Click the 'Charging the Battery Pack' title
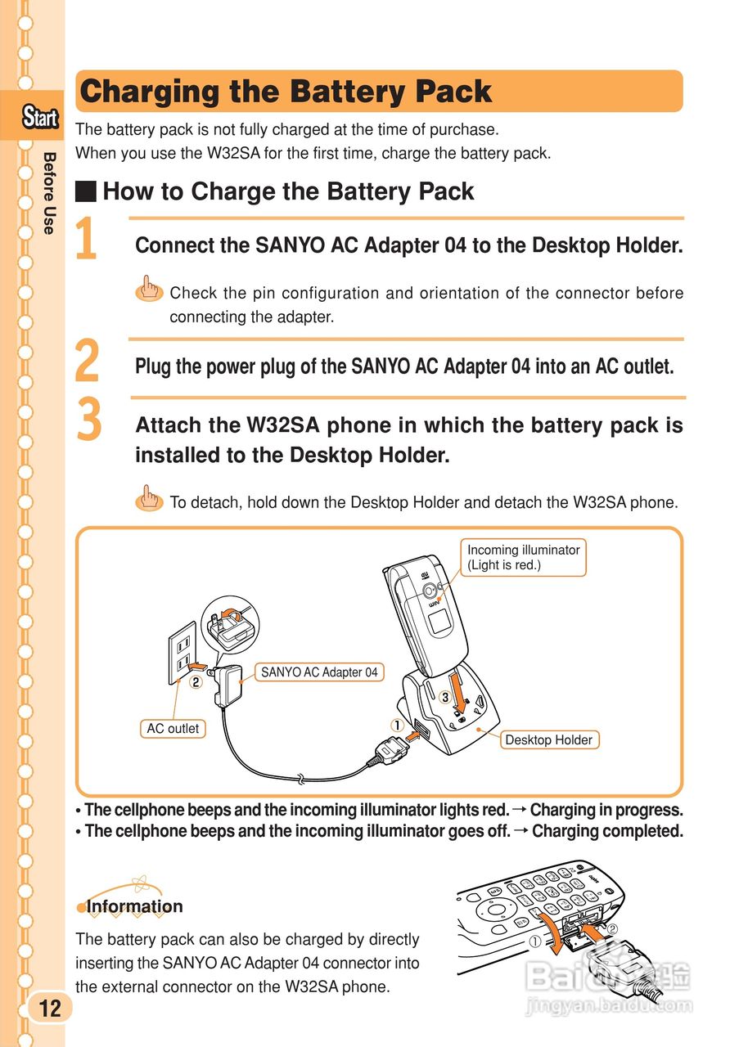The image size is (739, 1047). (286, 92)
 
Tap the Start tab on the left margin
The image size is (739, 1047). (40, 118)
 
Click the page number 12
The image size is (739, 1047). (49, 1008)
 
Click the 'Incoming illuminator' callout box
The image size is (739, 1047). (524, 557)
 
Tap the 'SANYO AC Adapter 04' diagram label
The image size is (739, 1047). (319, 672)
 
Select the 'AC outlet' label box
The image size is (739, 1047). (173, 728)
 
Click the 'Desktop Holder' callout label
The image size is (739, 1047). (548, 739)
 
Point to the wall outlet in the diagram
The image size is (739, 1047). (183, 652)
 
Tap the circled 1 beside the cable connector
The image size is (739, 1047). (397, 724)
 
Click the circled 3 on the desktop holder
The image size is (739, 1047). (444, 698)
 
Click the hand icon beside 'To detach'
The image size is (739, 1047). (148, 498)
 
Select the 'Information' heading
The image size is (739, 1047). (134, 906)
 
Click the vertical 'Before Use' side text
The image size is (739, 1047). (49, 193)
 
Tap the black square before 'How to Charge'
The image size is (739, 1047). (86, 192)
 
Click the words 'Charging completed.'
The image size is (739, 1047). (607, 831)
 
